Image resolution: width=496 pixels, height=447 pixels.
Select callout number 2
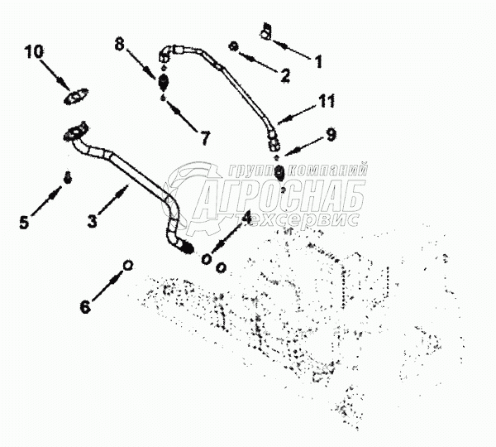pos(285,75)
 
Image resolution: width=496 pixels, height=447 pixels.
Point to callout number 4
pos(246,219)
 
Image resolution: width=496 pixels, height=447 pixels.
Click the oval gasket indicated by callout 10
pos(77,99)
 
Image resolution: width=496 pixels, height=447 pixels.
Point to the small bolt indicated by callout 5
pos(69,176)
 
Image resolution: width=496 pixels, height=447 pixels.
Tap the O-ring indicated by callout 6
pos(127,265)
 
